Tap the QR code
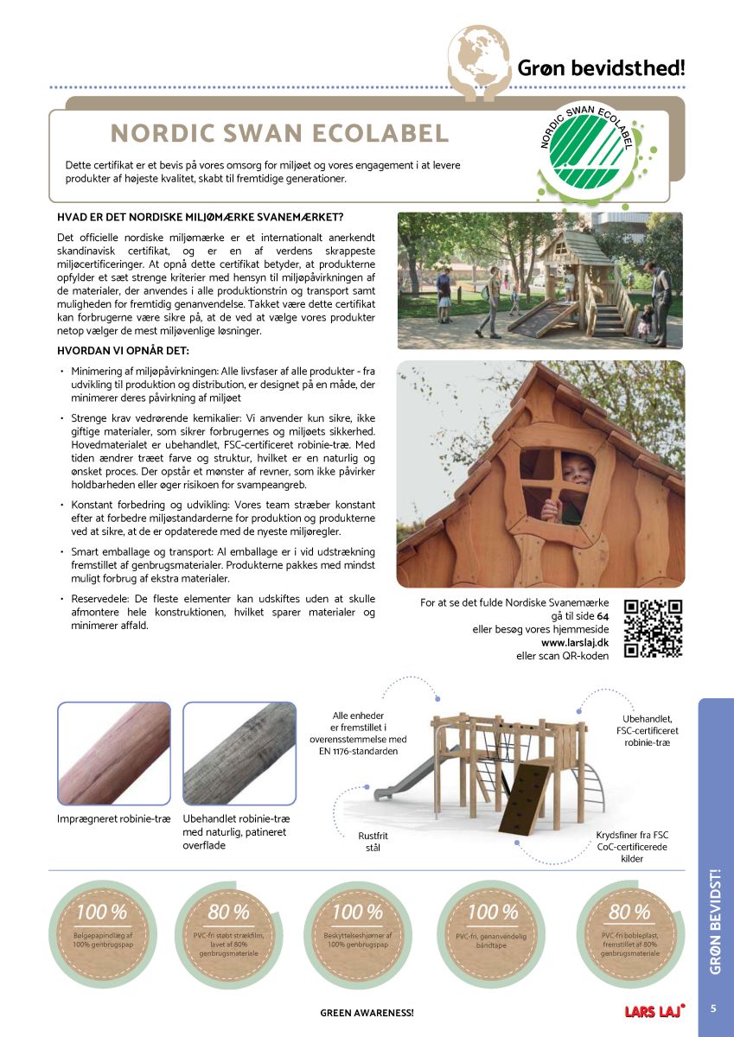point(653,628)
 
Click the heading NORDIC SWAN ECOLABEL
point(280,133)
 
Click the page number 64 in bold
point(603,615)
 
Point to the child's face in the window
point(578,471)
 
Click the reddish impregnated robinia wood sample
point(113,754)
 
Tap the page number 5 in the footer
point(714,1008)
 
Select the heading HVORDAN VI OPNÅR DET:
point(122,351)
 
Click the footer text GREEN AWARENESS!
point(367,1011)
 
